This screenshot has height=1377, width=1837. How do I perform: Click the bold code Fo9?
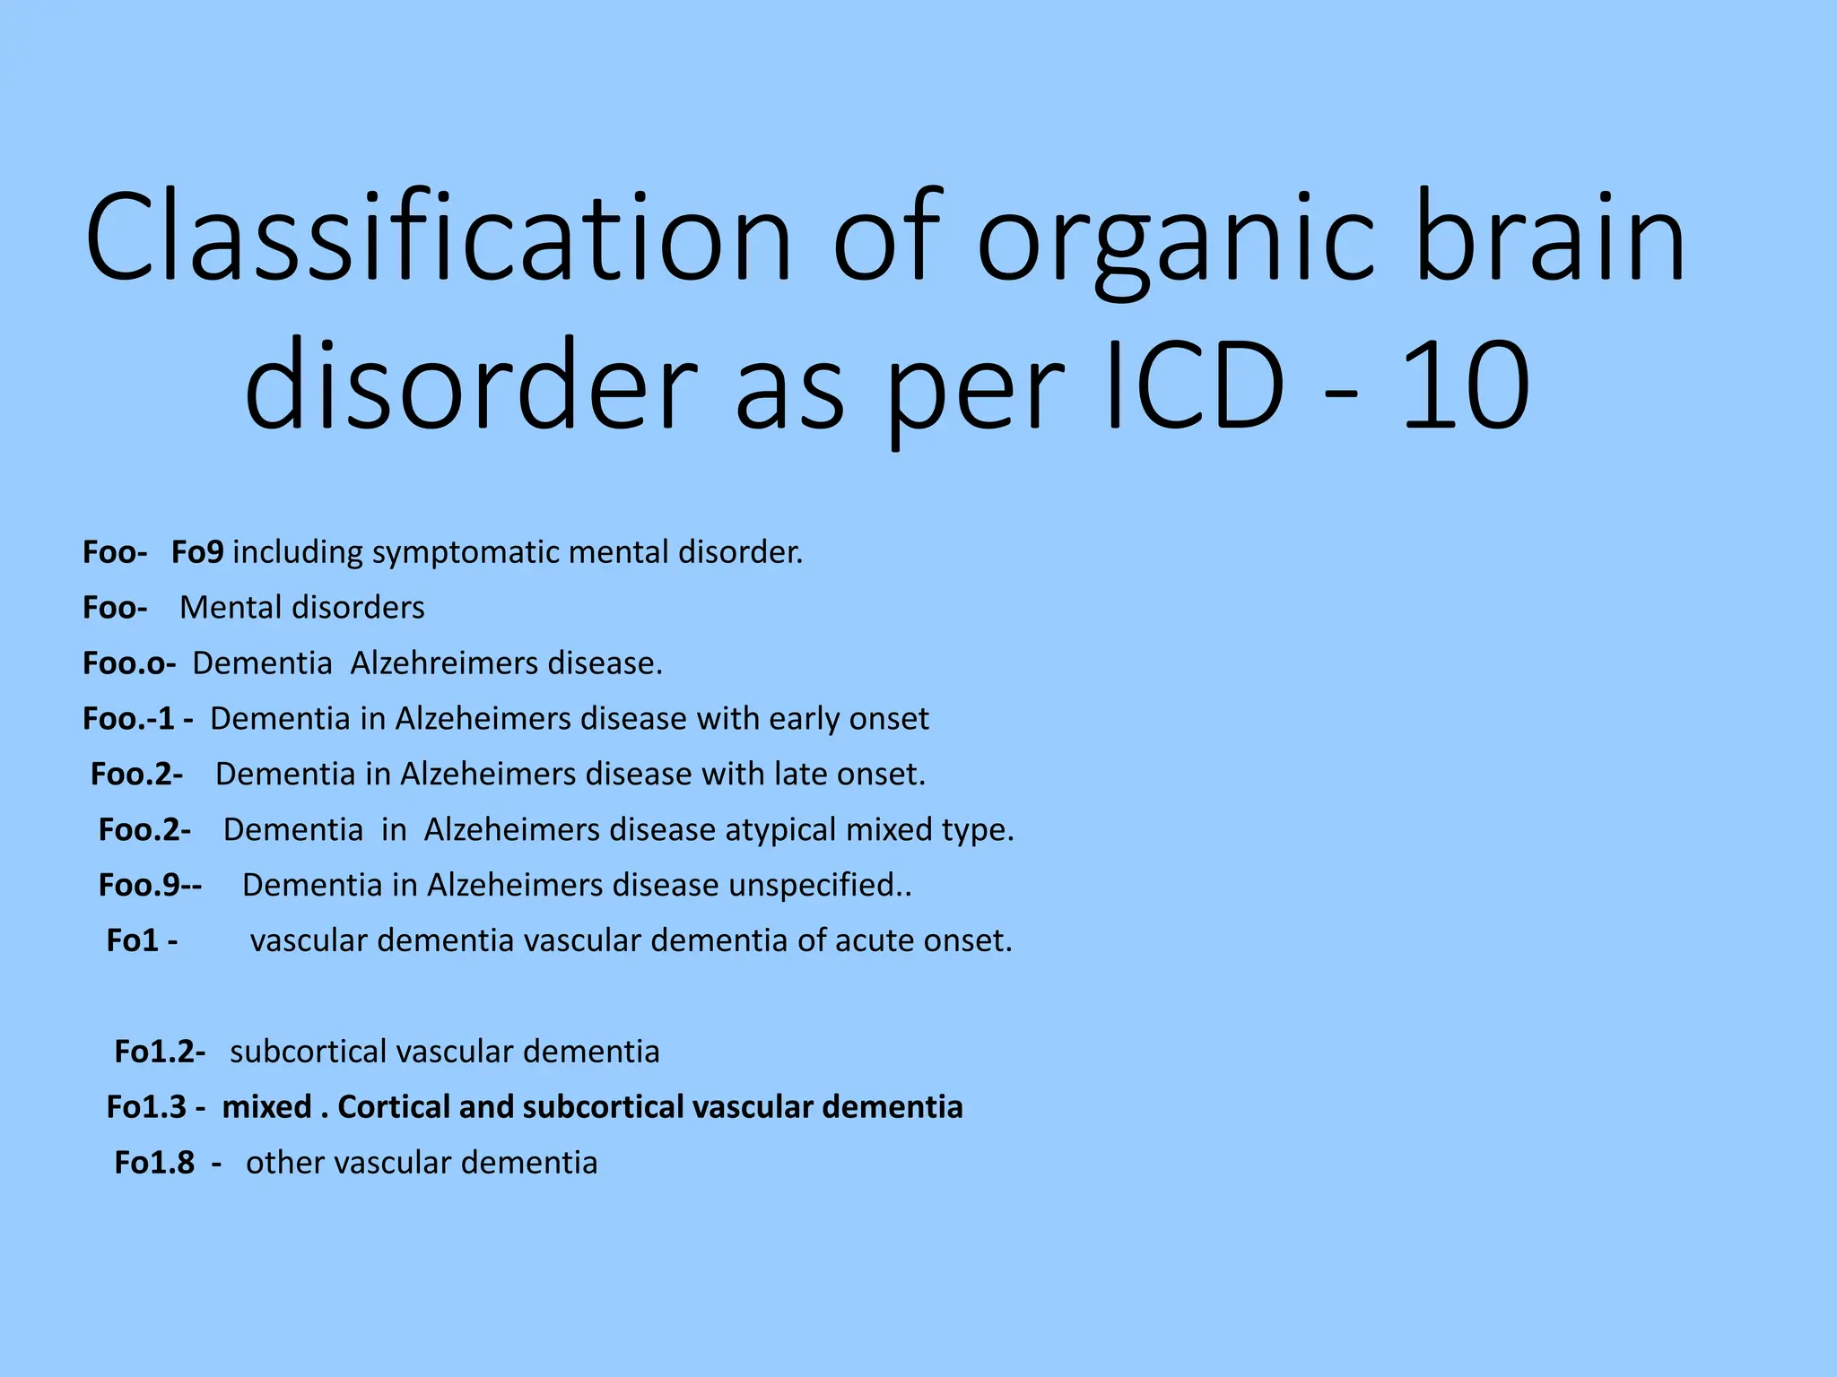197,552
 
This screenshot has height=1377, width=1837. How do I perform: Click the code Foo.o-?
129,663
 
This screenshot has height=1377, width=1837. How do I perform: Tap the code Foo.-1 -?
137,719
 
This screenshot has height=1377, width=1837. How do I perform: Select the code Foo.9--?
150,886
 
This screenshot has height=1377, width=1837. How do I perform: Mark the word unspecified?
812,886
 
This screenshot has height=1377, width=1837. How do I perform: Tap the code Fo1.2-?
160,1052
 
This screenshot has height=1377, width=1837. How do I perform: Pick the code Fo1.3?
146,1107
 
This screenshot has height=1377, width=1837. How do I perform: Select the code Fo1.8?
154,1163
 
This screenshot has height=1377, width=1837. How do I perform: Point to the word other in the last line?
287,1163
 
